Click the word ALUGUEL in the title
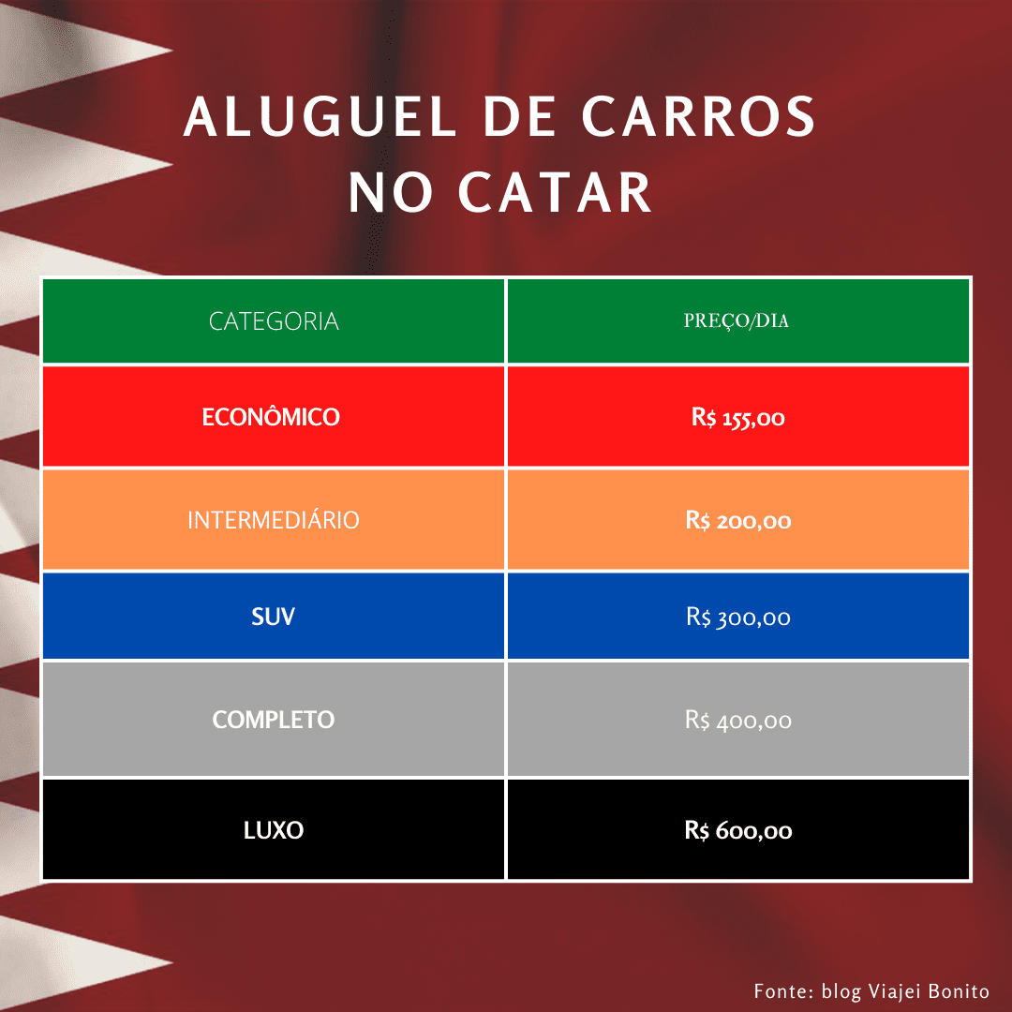click(x=320, y=117)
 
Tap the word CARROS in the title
click(x=699, y=117)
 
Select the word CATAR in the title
click(x=555, y=192)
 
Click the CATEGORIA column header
click(x=274, y=321)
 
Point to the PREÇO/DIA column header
click(x=737, y=320)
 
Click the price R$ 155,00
click(x=738, y=418)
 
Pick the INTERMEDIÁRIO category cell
click(x=274, y=519)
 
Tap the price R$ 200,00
click(x=738, y=521)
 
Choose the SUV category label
click(x=273, y=617)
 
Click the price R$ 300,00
click(x=738, y=618)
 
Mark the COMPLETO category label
click(x=274, y=720)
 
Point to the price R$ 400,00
click(x=738, y=721)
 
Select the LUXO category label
click(x=274, y=830)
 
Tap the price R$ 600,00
click(x=738, y=830)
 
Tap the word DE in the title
click(x=519, y=117)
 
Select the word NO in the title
click(x=391, y=192)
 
